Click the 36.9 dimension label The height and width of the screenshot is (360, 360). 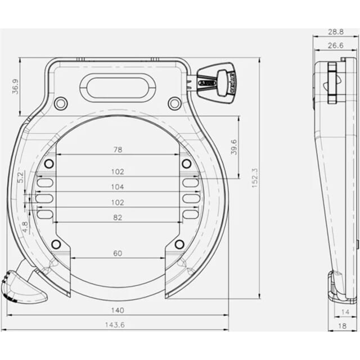15,86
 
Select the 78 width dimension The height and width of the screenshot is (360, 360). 118,150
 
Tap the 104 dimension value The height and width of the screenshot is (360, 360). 118,187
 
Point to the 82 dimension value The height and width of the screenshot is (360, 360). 118,217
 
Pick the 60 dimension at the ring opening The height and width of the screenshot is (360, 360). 118,253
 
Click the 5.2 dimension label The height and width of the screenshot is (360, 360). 21,178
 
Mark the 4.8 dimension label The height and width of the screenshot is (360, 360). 24,227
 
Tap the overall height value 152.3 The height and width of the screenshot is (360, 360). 254,178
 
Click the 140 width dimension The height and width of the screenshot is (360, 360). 118,310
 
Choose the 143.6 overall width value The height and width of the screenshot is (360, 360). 118,325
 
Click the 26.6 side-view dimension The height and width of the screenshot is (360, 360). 336,45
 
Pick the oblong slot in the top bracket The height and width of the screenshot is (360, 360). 118,88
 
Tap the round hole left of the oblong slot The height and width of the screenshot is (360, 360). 61,103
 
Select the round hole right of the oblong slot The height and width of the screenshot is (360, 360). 174,103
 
